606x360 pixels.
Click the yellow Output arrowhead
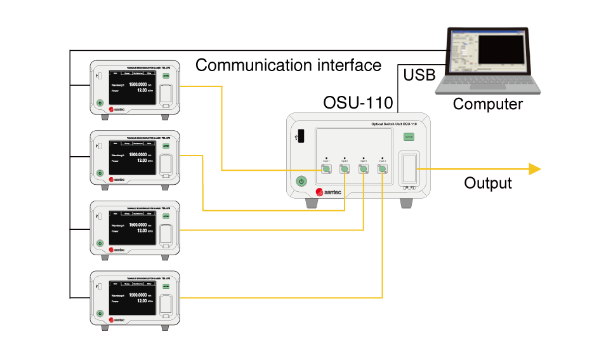(534, 169)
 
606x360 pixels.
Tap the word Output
(487, 183)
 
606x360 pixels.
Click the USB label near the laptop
(419, 76)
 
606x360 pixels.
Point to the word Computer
(487, 104)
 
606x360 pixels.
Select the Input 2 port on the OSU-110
(344, 169)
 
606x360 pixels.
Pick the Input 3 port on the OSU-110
(363, 169)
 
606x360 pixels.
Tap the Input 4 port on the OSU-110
(382, 169)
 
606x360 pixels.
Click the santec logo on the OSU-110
(329, 192)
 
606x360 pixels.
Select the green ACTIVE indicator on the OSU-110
(409, 136)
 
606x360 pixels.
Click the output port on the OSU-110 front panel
(409, 169)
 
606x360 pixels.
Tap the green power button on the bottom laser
(100, 314)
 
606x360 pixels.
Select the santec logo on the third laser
(118, 250)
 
